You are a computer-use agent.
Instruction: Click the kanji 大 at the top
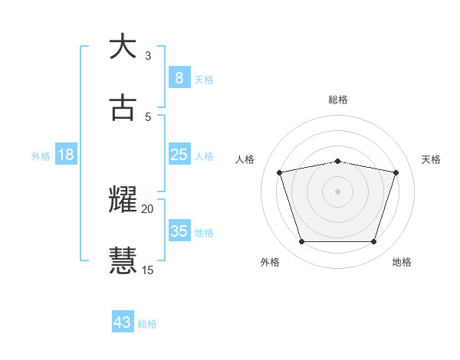123,47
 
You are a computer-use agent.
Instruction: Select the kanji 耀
123,200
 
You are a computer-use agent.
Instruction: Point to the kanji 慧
123,260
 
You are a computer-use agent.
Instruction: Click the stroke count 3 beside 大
148,56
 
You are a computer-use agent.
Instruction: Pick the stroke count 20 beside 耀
148,208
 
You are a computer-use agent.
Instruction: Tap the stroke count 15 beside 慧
148,269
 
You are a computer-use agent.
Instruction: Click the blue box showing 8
179,77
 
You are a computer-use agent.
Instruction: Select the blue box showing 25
179,155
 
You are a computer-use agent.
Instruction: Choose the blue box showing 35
179,231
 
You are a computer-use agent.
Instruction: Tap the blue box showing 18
66,155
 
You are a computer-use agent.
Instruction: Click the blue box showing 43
123,322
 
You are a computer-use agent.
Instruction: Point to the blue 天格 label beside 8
204,79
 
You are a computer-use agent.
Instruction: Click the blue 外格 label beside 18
41,156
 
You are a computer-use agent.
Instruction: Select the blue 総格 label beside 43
147,324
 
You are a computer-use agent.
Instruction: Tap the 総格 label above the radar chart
338,100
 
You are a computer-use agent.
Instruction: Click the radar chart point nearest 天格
396,172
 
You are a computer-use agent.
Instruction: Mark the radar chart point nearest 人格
280,172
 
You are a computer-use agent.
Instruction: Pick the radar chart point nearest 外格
301,242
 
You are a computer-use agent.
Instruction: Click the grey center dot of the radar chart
337,191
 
